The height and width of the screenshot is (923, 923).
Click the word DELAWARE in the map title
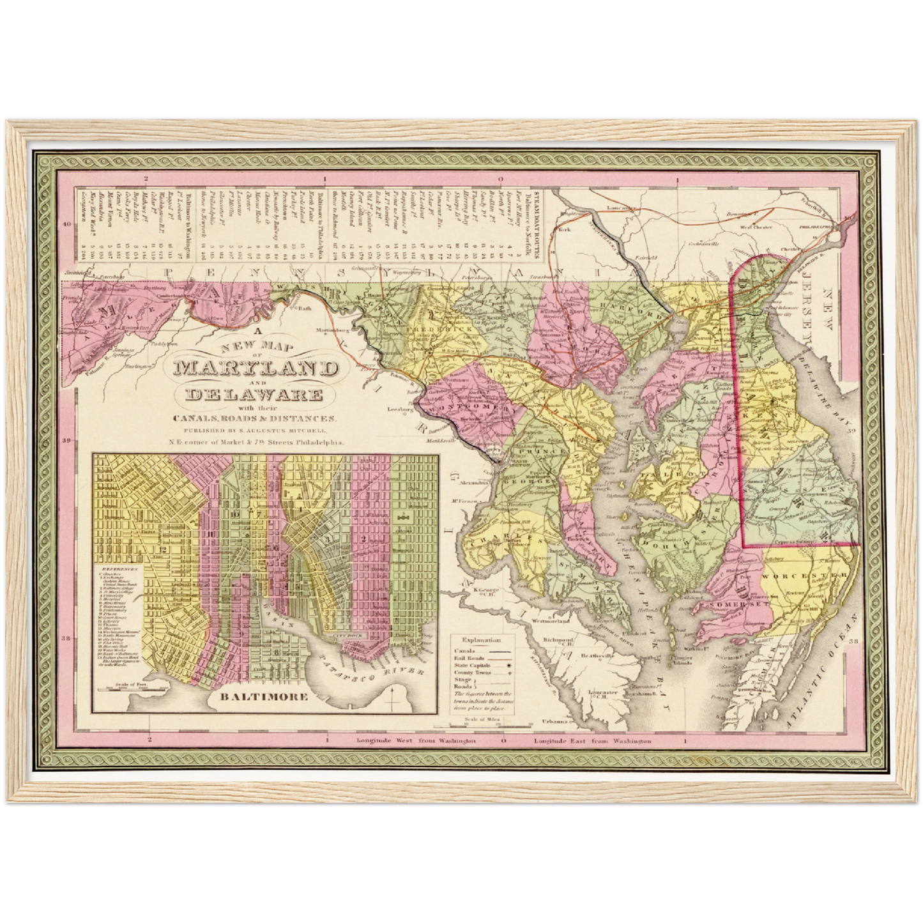(x=254, y=394)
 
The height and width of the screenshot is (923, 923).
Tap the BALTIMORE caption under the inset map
(x=263, y=696)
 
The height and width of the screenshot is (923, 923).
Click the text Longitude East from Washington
(x=592, y=741)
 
